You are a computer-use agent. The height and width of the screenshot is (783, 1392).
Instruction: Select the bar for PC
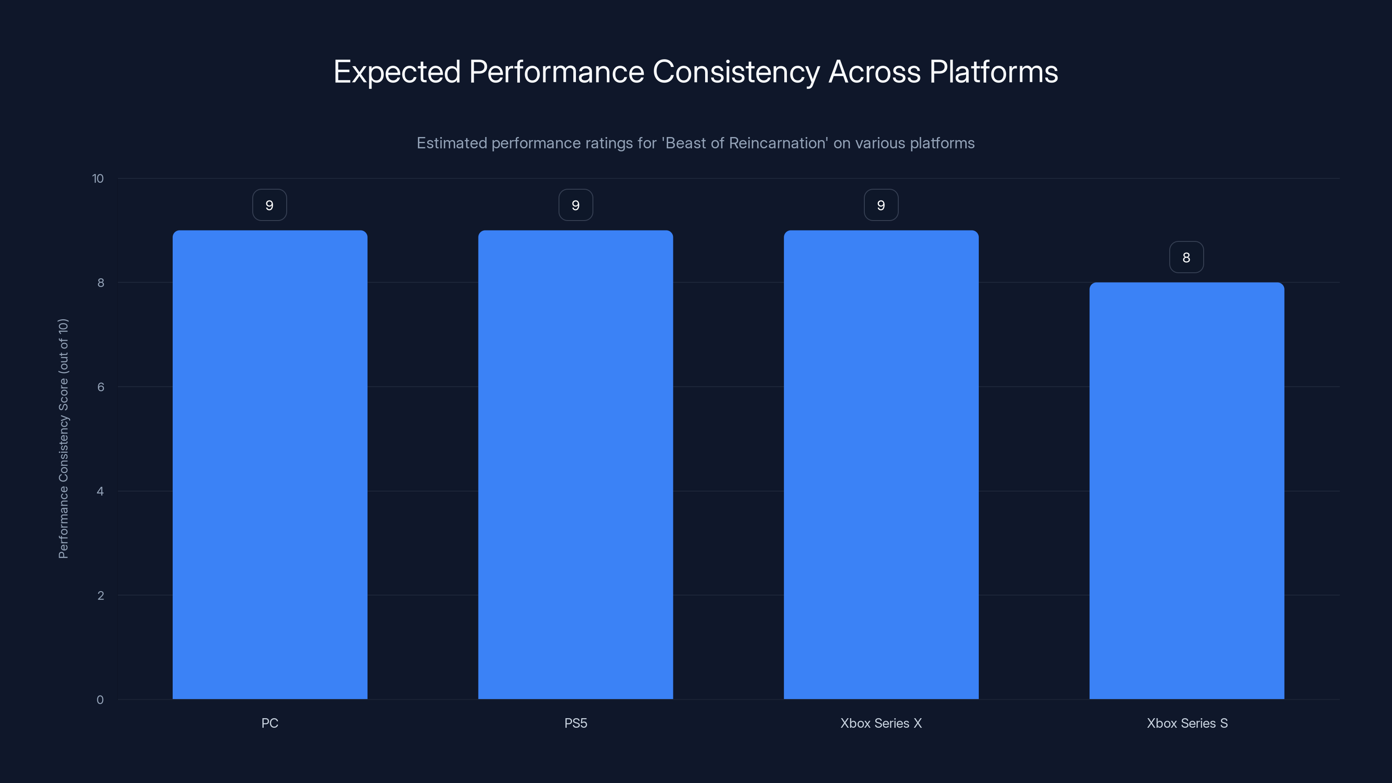click(x=270, y=465)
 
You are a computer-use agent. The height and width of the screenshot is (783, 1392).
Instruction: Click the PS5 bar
click(x=576, y=465)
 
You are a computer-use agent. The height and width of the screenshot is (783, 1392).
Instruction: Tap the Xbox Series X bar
click(x=881, y=465)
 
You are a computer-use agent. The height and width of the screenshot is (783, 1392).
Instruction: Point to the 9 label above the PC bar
click(x=270, y=205)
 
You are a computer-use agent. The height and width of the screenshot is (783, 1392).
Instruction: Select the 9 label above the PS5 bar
click(x=576, y=205)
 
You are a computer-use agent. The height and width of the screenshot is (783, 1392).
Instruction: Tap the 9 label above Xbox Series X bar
click(x=881, y=205)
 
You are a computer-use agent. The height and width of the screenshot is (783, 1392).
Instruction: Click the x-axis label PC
click(x=270, y=723)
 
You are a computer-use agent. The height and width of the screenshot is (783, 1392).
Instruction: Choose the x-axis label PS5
click(x=576, y=723)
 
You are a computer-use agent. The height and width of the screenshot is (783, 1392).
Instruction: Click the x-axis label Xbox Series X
click(x=881, y=723)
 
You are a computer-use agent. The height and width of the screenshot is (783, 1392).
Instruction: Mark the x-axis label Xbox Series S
click(x=1187, y=723)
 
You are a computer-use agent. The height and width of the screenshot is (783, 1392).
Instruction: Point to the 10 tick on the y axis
click(x=98, y=178)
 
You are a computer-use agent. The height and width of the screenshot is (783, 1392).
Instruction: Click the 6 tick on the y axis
click(x=100, y=387)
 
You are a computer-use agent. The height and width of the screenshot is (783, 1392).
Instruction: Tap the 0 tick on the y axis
click(x=100, y=700)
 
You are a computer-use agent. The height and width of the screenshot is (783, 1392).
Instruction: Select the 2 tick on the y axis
click(x=100, y=596)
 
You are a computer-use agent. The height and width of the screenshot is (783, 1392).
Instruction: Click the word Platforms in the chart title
click(x=993, y=72)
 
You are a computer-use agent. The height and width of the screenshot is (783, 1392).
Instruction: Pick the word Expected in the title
click(x=397, y=72)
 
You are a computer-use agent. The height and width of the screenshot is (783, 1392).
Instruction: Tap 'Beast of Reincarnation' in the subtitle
click(x=745, y=143)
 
